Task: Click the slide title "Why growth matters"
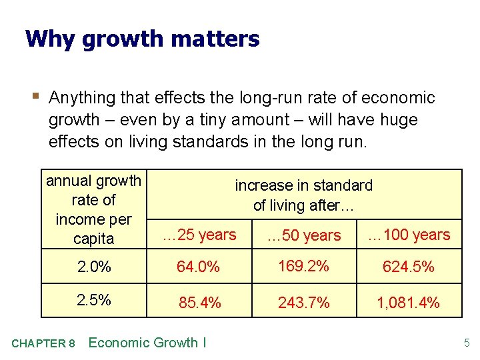(142, 39)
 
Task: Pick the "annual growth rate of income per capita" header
(94, 209)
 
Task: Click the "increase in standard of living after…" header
(303, 195)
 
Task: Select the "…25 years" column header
(200, 235)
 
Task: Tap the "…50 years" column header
(303, 235)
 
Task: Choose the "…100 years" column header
(409, 235)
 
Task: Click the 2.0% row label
(94, 267)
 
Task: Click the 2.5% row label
(94, 300)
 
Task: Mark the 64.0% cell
(198, 267)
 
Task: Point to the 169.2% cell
(303, 266)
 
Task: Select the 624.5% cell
(408, 267)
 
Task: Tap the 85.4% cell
(199, 303)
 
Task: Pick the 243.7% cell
(304, 303)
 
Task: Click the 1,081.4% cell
(408, 303)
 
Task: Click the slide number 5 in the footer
(467, 343)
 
